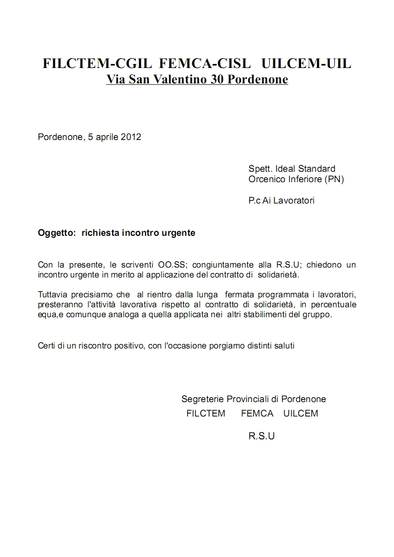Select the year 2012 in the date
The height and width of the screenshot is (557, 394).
click(131, 137)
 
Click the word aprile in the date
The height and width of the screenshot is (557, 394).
click(107, 137)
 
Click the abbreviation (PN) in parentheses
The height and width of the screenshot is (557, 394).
click(334, 179)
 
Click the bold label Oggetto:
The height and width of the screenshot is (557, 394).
click(56, 233)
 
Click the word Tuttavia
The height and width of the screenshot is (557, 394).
click(53, 294)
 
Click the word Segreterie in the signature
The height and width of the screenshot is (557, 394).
click(203, 399)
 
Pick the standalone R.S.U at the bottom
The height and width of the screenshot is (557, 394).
click(261, 436)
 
